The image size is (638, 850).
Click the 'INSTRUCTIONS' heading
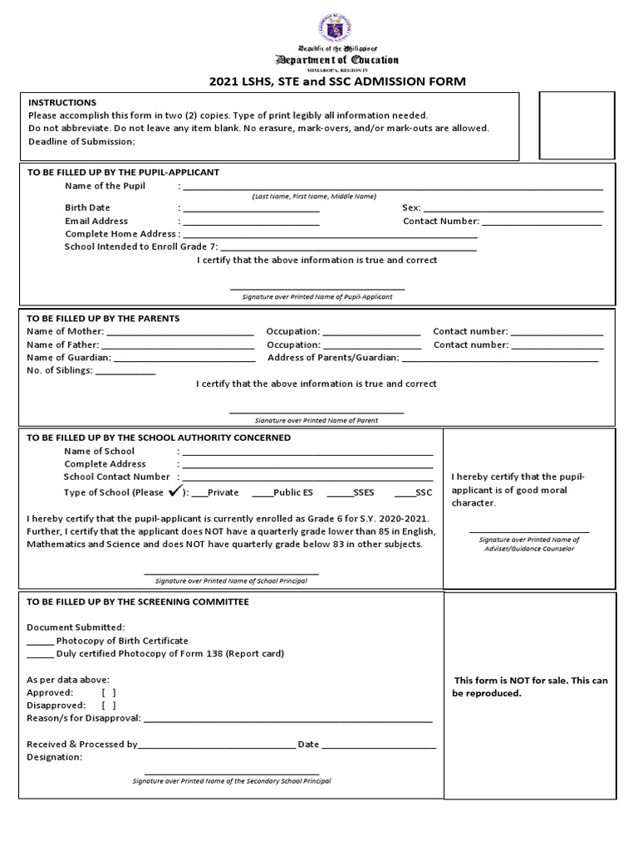(x=62, y=102)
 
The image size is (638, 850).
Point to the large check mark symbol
(x=175, y=491)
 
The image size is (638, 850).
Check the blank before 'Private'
(x=199, y=494)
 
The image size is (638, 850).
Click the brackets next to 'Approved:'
(x=109, y=692)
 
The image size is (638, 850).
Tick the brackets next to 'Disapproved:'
(x=109, y=706)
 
